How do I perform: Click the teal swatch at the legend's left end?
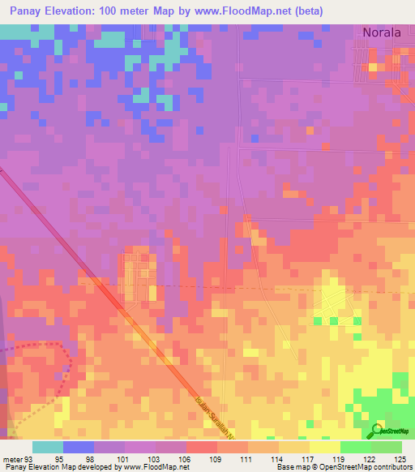pyautogui.click(x=47, y=447)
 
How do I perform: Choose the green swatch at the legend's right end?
pyautogui.click(x=387, y=447)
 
